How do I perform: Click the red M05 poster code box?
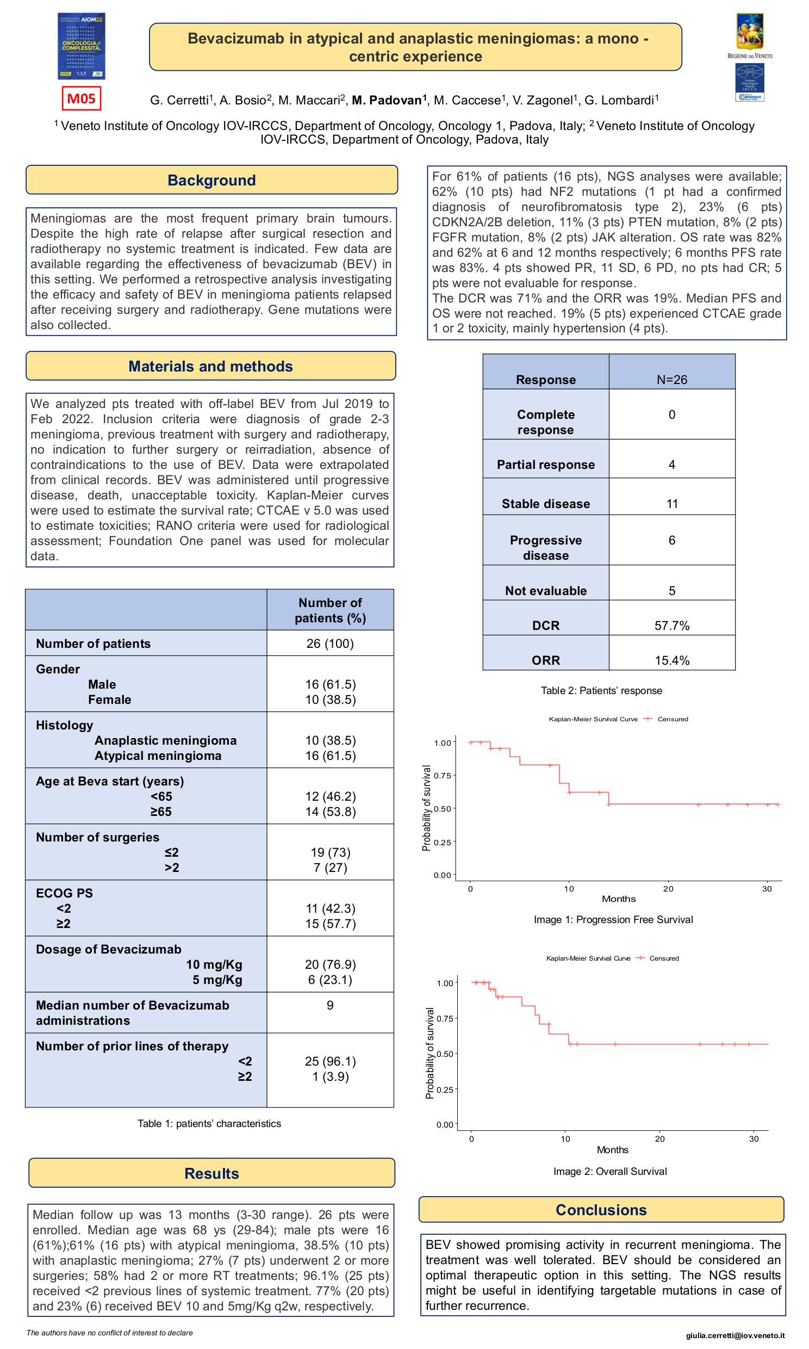(81, 98)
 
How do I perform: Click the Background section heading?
(211, 181)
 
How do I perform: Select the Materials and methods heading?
(210, 367)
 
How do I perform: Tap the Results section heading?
(211, 1173)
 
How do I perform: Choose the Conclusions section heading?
(601, 1210)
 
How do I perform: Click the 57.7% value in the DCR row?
(671, 626)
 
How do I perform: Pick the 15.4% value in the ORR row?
(671, 660)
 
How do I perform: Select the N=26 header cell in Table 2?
(671, 380)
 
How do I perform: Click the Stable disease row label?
(545, 503)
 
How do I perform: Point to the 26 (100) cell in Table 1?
(330, 643)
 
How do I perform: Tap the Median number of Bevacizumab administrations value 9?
(330, 1005)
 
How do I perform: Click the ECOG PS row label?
(64, 893)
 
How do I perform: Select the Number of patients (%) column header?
(330, 610)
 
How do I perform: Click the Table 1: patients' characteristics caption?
(209, 1124)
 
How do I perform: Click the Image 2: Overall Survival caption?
(610, 1171)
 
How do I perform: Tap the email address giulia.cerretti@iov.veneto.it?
(735, 1335)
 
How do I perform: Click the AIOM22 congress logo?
(81, 46)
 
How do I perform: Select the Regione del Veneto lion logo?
(750, 33)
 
